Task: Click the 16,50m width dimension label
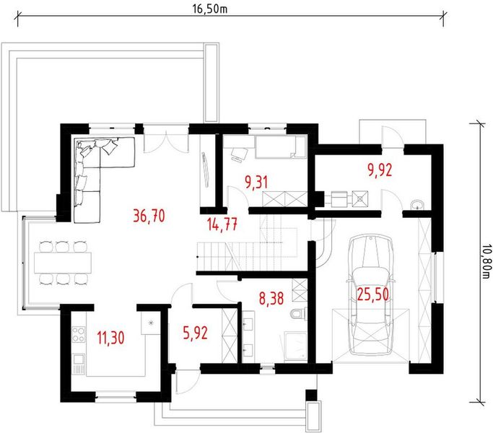(x=210, y=9)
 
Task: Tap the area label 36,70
(x=149, y=216)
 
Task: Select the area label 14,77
(x=222, y=224)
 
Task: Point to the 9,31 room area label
(x=256, y=183)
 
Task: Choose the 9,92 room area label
(x=380, y=170)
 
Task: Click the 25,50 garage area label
(x=373, y=294)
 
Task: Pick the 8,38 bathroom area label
(x=271, y=298)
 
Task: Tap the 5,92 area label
(x=195, y=333)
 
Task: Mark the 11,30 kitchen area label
(x=110, y=338)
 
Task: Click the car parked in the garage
(x=371, y=294)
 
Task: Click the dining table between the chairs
(x=63, y=263)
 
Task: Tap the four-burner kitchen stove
(x=78, y=335)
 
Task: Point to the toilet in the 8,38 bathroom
(x=297, y=313)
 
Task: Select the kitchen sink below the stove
(x=78, y=364)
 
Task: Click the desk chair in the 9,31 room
(x=239, y=154)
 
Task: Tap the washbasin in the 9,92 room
(x=417, y=205)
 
